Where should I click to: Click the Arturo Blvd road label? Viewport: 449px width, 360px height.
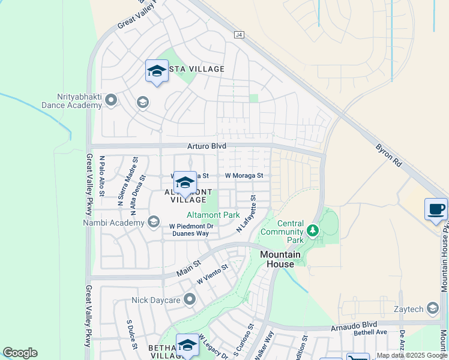pyautogui.click(x=207, y=145)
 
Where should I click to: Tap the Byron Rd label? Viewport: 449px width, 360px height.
pyautogui.click(x=388, y=155)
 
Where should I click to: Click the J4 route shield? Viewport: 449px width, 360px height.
pyautogui.click(x=240, y=35)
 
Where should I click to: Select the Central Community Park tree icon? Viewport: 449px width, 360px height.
pyautogui.click(x=312, y=230)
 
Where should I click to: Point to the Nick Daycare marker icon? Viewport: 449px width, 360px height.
pyautogui.click(x=190, y=299)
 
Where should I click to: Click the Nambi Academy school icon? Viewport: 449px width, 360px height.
pyautogui.click(x=153, y=223)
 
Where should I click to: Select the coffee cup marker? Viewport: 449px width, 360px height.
pyautogui.click(x=436, y=209)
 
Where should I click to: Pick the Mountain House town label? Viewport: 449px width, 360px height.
pyautogui.click(x=277, y=259)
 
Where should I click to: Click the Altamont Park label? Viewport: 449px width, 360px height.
pyautogui.click(x=213, y=215)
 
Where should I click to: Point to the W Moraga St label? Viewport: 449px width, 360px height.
pyautogui.click(x=244, y=175)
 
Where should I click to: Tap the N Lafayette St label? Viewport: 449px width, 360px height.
pyautogui.click(x=246, y=214)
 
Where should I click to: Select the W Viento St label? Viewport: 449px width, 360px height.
pyautogui.click(x=212, y=275)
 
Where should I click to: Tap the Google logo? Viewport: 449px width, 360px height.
pyautogui.click(x=20, y=353)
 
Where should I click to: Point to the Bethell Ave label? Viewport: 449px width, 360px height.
pyautogui.click(x=370, y=332)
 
